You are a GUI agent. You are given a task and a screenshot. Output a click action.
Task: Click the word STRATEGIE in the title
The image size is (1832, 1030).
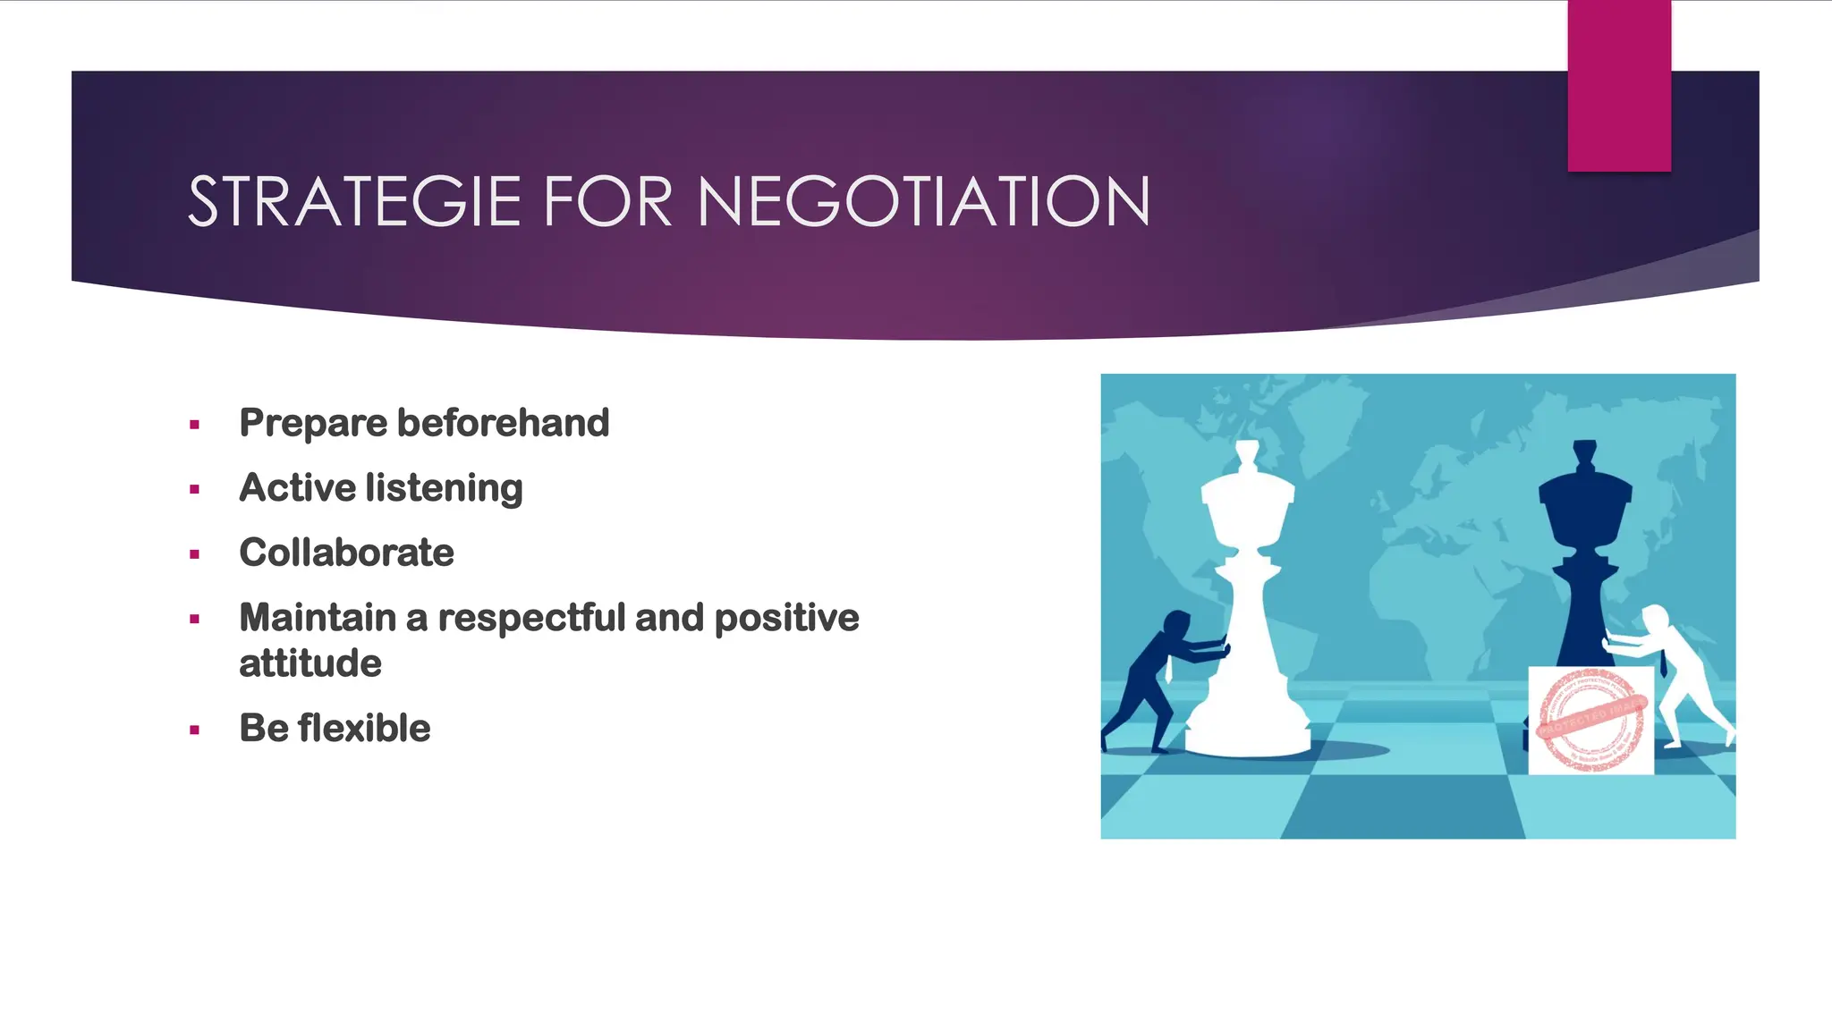tap(354, 202)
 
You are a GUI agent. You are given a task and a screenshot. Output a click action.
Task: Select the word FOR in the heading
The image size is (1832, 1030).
tap(607, 202)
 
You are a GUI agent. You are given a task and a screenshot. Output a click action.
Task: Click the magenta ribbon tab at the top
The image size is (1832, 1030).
tap(1619, 86)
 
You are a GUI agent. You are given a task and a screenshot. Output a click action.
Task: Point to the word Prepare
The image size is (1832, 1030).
tap(312, 424)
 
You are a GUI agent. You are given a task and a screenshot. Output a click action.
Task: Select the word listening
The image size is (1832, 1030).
tap(444, 489)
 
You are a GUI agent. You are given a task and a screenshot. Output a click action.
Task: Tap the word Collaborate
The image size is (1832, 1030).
tap(346, 553)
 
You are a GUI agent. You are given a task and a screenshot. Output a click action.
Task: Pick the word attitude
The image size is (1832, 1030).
tap(310, 663)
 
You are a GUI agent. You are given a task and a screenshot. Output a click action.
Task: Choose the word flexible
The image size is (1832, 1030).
tap(364, 728)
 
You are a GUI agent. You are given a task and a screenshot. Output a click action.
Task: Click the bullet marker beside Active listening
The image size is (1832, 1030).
tap(194, 489)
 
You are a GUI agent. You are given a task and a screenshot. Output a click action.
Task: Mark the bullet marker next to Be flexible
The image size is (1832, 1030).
tap(194, 730)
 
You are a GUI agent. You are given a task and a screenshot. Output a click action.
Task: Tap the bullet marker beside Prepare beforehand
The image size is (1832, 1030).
tap(194, 425)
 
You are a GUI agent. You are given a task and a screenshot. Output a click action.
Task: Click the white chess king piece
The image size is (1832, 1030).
tap(1247, 608)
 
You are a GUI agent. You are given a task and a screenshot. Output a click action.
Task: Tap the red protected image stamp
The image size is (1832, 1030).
tap(1590, 720)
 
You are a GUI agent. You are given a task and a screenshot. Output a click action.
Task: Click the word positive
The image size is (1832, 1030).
tap(786, 618)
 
